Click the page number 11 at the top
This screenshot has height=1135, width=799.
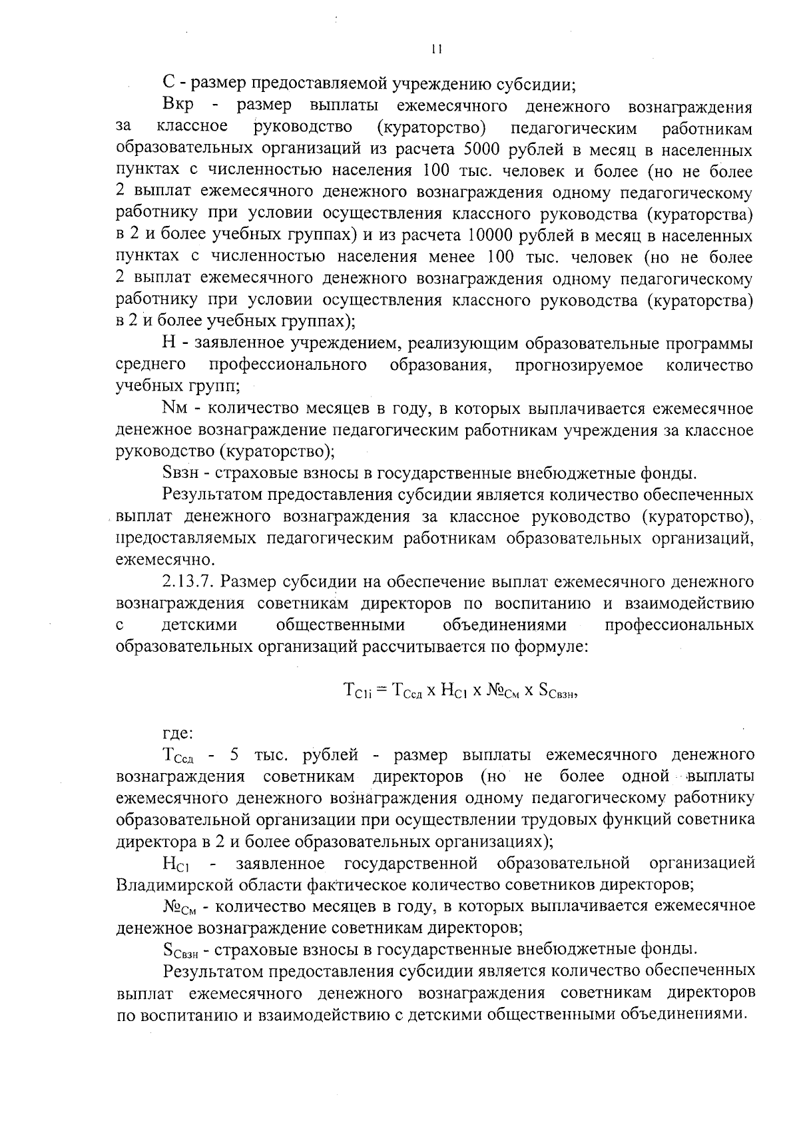[x=436, y=49]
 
